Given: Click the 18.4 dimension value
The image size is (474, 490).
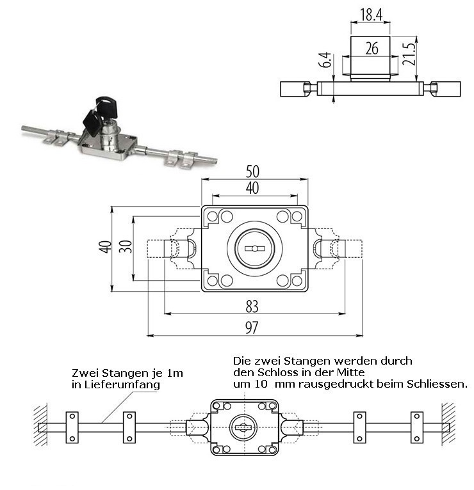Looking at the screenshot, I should point(371,13).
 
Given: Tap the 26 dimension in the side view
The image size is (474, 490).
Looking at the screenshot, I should point(371,49).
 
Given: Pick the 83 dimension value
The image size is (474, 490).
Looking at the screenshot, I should point(252,305).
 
